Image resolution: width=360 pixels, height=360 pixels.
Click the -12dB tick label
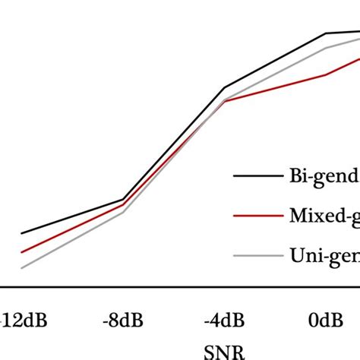(25, 321)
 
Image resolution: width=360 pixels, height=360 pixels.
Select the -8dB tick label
(124, 321)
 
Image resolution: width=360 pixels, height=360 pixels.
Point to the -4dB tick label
(226, 321)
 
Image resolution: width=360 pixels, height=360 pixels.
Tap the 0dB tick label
(326, 321)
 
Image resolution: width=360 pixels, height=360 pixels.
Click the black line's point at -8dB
(124, 200)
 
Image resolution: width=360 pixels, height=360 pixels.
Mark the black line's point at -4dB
(226, 88)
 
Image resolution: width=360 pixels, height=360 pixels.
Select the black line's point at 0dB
(327, 33)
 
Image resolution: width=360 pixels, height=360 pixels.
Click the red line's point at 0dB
(327, 74)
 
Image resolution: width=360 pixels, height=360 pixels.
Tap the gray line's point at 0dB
(327, 48)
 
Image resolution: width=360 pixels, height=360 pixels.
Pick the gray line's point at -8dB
(124, 212)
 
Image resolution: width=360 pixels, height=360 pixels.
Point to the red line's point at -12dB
(22, 252)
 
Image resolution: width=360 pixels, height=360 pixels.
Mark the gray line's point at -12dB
(22, 268)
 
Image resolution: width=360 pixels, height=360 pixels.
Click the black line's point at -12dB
(22, 234)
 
